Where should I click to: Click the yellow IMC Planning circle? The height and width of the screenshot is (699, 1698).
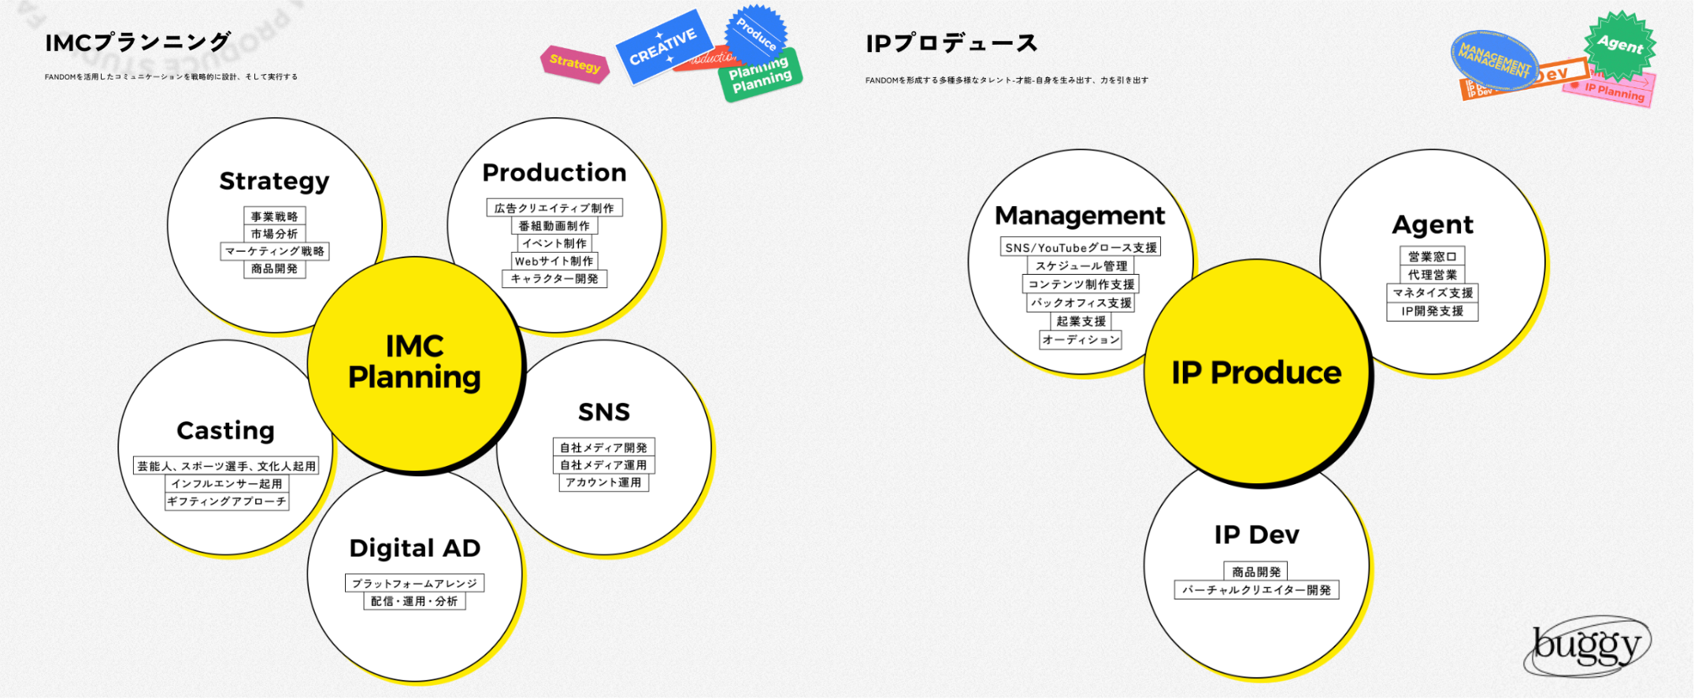coord(414,363)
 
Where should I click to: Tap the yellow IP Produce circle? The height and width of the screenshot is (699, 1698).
coord(1256,372)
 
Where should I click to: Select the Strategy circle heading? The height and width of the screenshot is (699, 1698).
coord(274,181)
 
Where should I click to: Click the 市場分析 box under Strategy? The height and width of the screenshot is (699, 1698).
coord(274,234)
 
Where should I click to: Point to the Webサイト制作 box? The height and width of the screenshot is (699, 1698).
coord(554,261)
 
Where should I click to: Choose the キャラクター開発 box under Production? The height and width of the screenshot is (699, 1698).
coord(554,279)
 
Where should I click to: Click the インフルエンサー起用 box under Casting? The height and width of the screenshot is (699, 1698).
coord(227,484)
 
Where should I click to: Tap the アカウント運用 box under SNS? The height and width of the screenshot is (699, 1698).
coord(604,483)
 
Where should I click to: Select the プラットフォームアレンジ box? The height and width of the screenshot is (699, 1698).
coord(414,583)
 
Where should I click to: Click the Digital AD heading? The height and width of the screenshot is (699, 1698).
coord(414,548)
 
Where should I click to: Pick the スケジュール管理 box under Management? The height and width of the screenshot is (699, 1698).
coord(1081,266)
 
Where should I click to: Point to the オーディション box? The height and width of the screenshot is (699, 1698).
coord(1081,340)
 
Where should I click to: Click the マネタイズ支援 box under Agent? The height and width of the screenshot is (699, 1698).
coord(1433,293)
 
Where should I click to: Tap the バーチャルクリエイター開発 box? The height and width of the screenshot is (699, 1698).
coord(1256,590)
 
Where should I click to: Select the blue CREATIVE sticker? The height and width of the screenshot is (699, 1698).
coord(663,46)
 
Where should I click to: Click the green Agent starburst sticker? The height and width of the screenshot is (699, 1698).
coord(1620,44)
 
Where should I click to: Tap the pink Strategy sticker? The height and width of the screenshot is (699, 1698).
coord(575,64)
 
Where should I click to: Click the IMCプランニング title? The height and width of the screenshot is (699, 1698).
coord(138,43)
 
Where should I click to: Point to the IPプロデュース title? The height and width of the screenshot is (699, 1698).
coord(951,43)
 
